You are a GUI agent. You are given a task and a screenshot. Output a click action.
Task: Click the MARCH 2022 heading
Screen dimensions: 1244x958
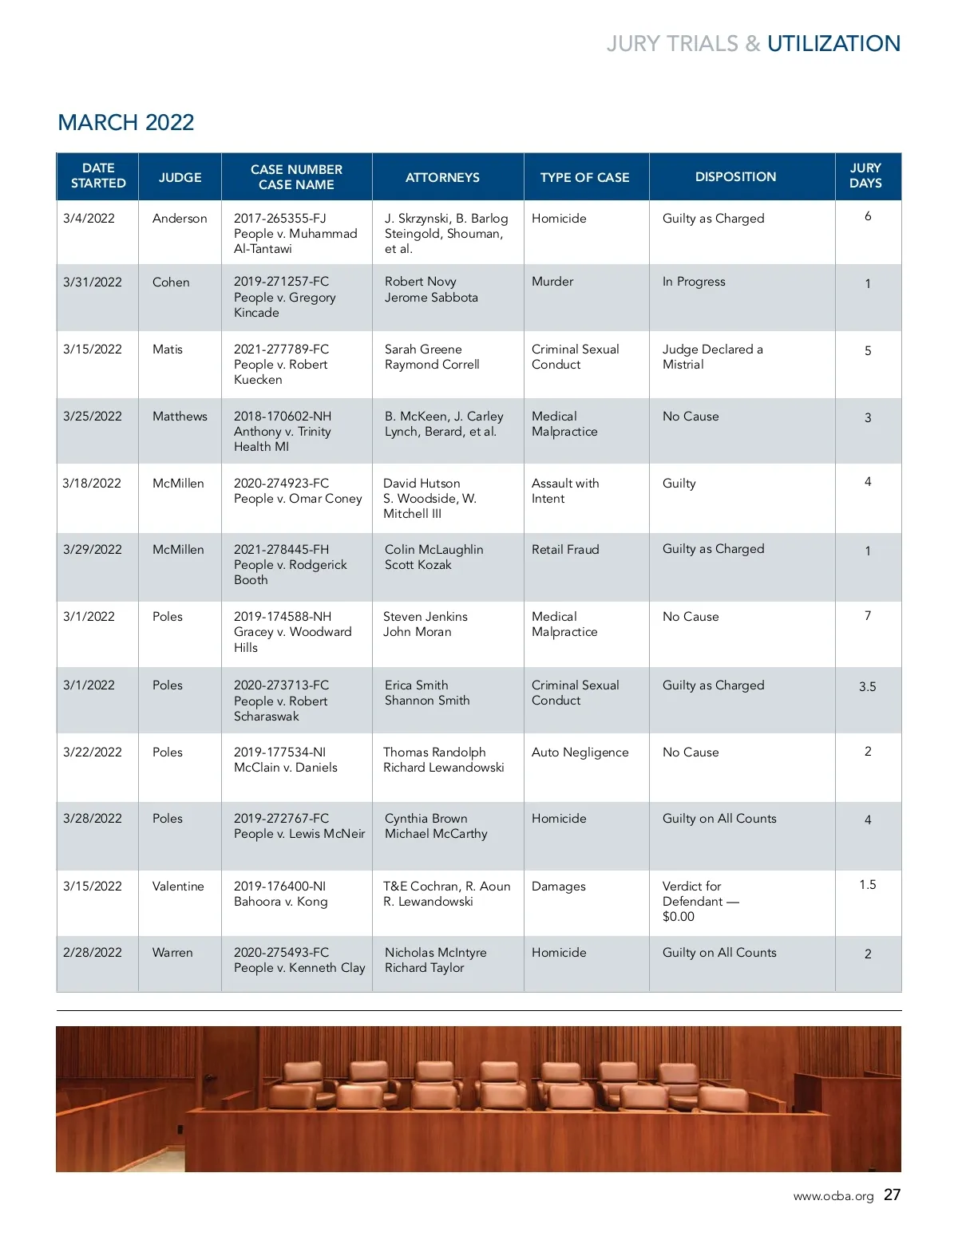point(126,122)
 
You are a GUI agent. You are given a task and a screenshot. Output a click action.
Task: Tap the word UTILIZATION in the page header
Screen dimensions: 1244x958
point(833,44)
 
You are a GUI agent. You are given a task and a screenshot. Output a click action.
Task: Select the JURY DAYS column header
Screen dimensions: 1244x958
point(865,176)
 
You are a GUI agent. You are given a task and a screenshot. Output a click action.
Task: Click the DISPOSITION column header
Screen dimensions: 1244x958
point(735,176)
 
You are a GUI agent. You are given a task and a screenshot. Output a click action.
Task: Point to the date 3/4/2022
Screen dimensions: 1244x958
point(89,219)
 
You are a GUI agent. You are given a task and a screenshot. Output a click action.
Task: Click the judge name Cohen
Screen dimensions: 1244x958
point(171,282)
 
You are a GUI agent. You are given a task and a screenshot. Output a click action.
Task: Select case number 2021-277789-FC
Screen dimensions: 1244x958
point(281,350)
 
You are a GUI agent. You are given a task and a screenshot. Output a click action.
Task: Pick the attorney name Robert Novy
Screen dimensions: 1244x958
point(420,282)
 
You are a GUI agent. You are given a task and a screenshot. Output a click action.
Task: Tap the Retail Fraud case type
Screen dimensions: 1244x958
point(565,550)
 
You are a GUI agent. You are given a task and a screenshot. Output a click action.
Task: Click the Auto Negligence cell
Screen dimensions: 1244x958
point(580,752)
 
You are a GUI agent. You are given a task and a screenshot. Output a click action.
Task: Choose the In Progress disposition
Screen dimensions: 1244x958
point(694,282)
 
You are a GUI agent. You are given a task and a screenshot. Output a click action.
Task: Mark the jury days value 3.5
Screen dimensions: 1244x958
point(867,687)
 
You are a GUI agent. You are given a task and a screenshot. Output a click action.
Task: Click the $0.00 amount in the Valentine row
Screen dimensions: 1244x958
point(679,917)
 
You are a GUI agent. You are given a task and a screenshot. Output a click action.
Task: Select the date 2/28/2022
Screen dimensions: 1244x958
point(93,953)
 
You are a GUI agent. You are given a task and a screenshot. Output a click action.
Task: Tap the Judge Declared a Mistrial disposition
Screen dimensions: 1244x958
point(712,357)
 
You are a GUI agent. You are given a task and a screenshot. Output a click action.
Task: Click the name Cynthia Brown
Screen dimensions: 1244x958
point(426,819)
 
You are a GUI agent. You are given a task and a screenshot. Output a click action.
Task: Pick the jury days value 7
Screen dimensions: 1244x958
point(867,616)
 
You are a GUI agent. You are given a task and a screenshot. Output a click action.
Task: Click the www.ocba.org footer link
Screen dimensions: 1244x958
point(833,1196)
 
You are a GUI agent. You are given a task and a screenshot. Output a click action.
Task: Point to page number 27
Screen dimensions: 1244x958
point(892,1195)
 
